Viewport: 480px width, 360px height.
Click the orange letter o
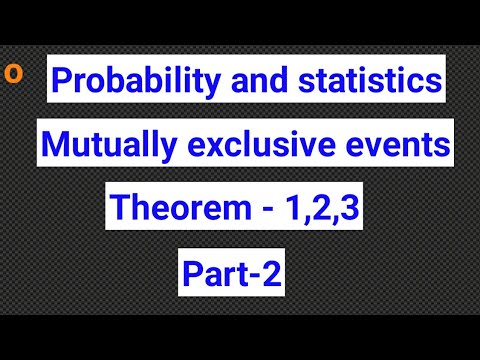tap(11, 73)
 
